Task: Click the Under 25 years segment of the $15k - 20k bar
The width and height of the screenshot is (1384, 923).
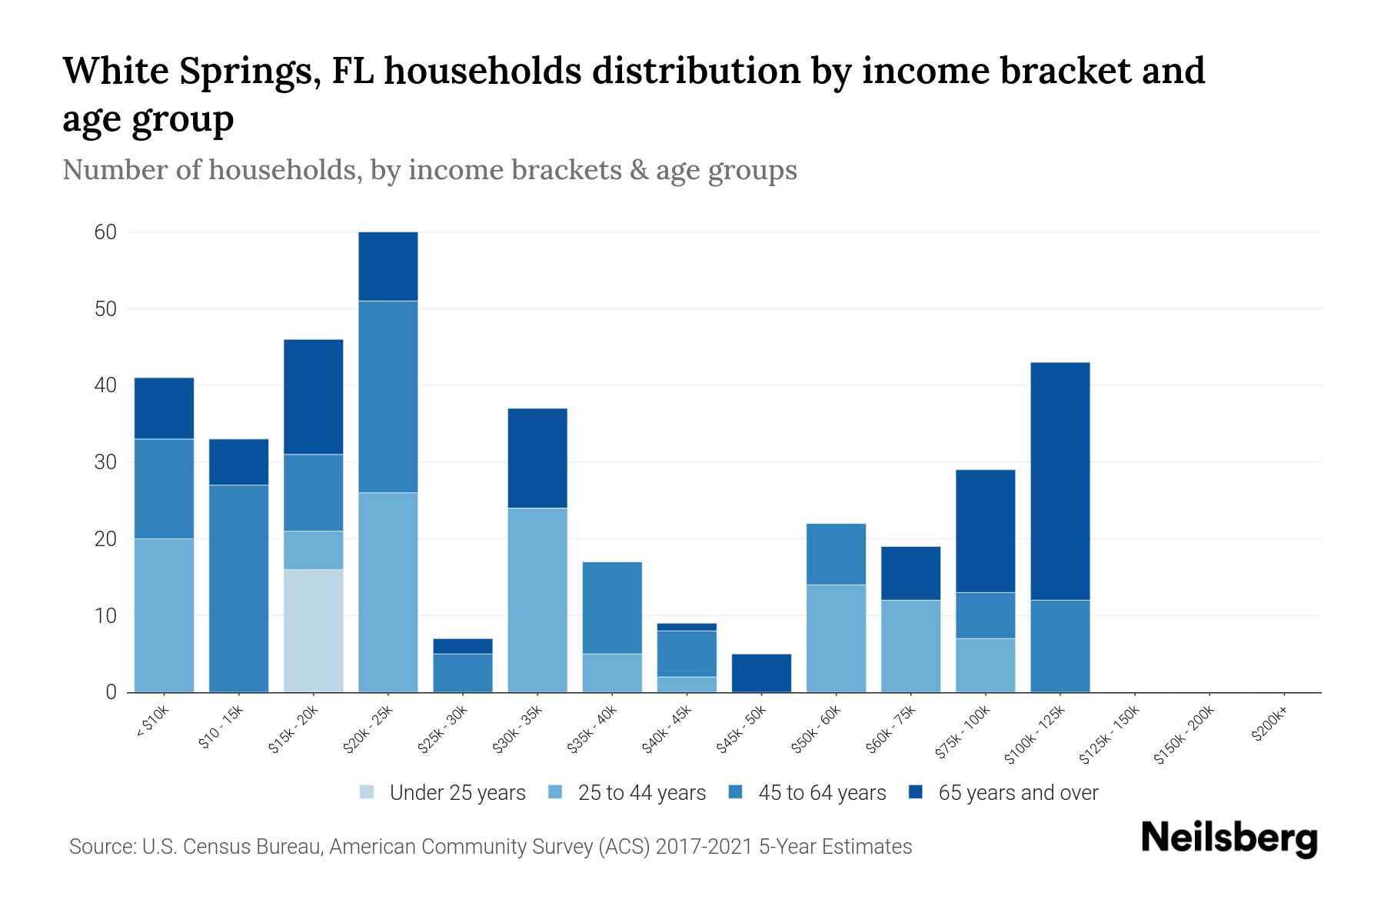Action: tap(313, 631)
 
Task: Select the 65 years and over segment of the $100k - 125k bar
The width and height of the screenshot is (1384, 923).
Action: tap(1060, 481)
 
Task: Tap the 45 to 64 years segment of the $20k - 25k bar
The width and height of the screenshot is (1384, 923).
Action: tap(388, 396)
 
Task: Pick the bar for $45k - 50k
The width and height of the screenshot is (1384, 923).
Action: tap(761, 673)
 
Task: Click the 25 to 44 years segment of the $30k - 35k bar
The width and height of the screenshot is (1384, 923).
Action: tap(537, 600)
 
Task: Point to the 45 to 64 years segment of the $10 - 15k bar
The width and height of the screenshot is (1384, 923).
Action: tap(238, 588)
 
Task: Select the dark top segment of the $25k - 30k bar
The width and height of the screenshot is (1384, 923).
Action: tap(463, 646)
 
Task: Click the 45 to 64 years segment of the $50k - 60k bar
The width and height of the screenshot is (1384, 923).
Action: tap(836, 554)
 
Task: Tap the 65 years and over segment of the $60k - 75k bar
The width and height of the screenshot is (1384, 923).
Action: tap(910, 573)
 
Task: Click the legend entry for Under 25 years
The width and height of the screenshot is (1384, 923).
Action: tap(443, 793)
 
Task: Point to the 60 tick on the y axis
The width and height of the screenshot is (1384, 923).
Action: tap(105, 232)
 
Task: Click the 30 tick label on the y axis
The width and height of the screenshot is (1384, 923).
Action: tap(105, 462)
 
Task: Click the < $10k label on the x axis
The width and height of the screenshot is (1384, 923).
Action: tap(151, 723)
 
